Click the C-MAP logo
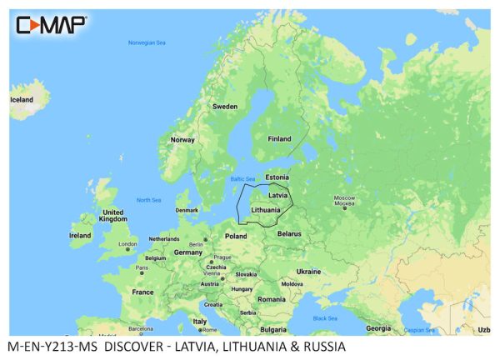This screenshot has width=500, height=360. coord(49,24)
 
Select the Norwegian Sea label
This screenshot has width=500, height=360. coord(147,42)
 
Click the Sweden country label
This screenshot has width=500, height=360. coord(224,107)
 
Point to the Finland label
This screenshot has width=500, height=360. coord(278,139)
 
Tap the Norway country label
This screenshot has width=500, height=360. coord(182,140)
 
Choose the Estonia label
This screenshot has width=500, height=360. coord(277,177)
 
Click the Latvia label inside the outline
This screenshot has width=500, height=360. coord(278,195)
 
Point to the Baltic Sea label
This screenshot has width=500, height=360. coord(242,179)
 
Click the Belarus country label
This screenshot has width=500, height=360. coord(288,234)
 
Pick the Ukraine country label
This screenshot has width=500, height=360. coord(308,271)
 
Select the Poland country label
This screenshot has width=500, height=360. coord(235,236)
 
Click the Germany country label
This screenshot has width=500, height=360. coord(188,252)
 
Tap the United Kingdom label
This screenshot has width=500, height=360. coord(112,216)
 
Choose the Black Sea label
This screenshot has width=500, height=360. coord(325,318)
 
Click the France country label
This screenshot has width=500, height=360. coord(142,292)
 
